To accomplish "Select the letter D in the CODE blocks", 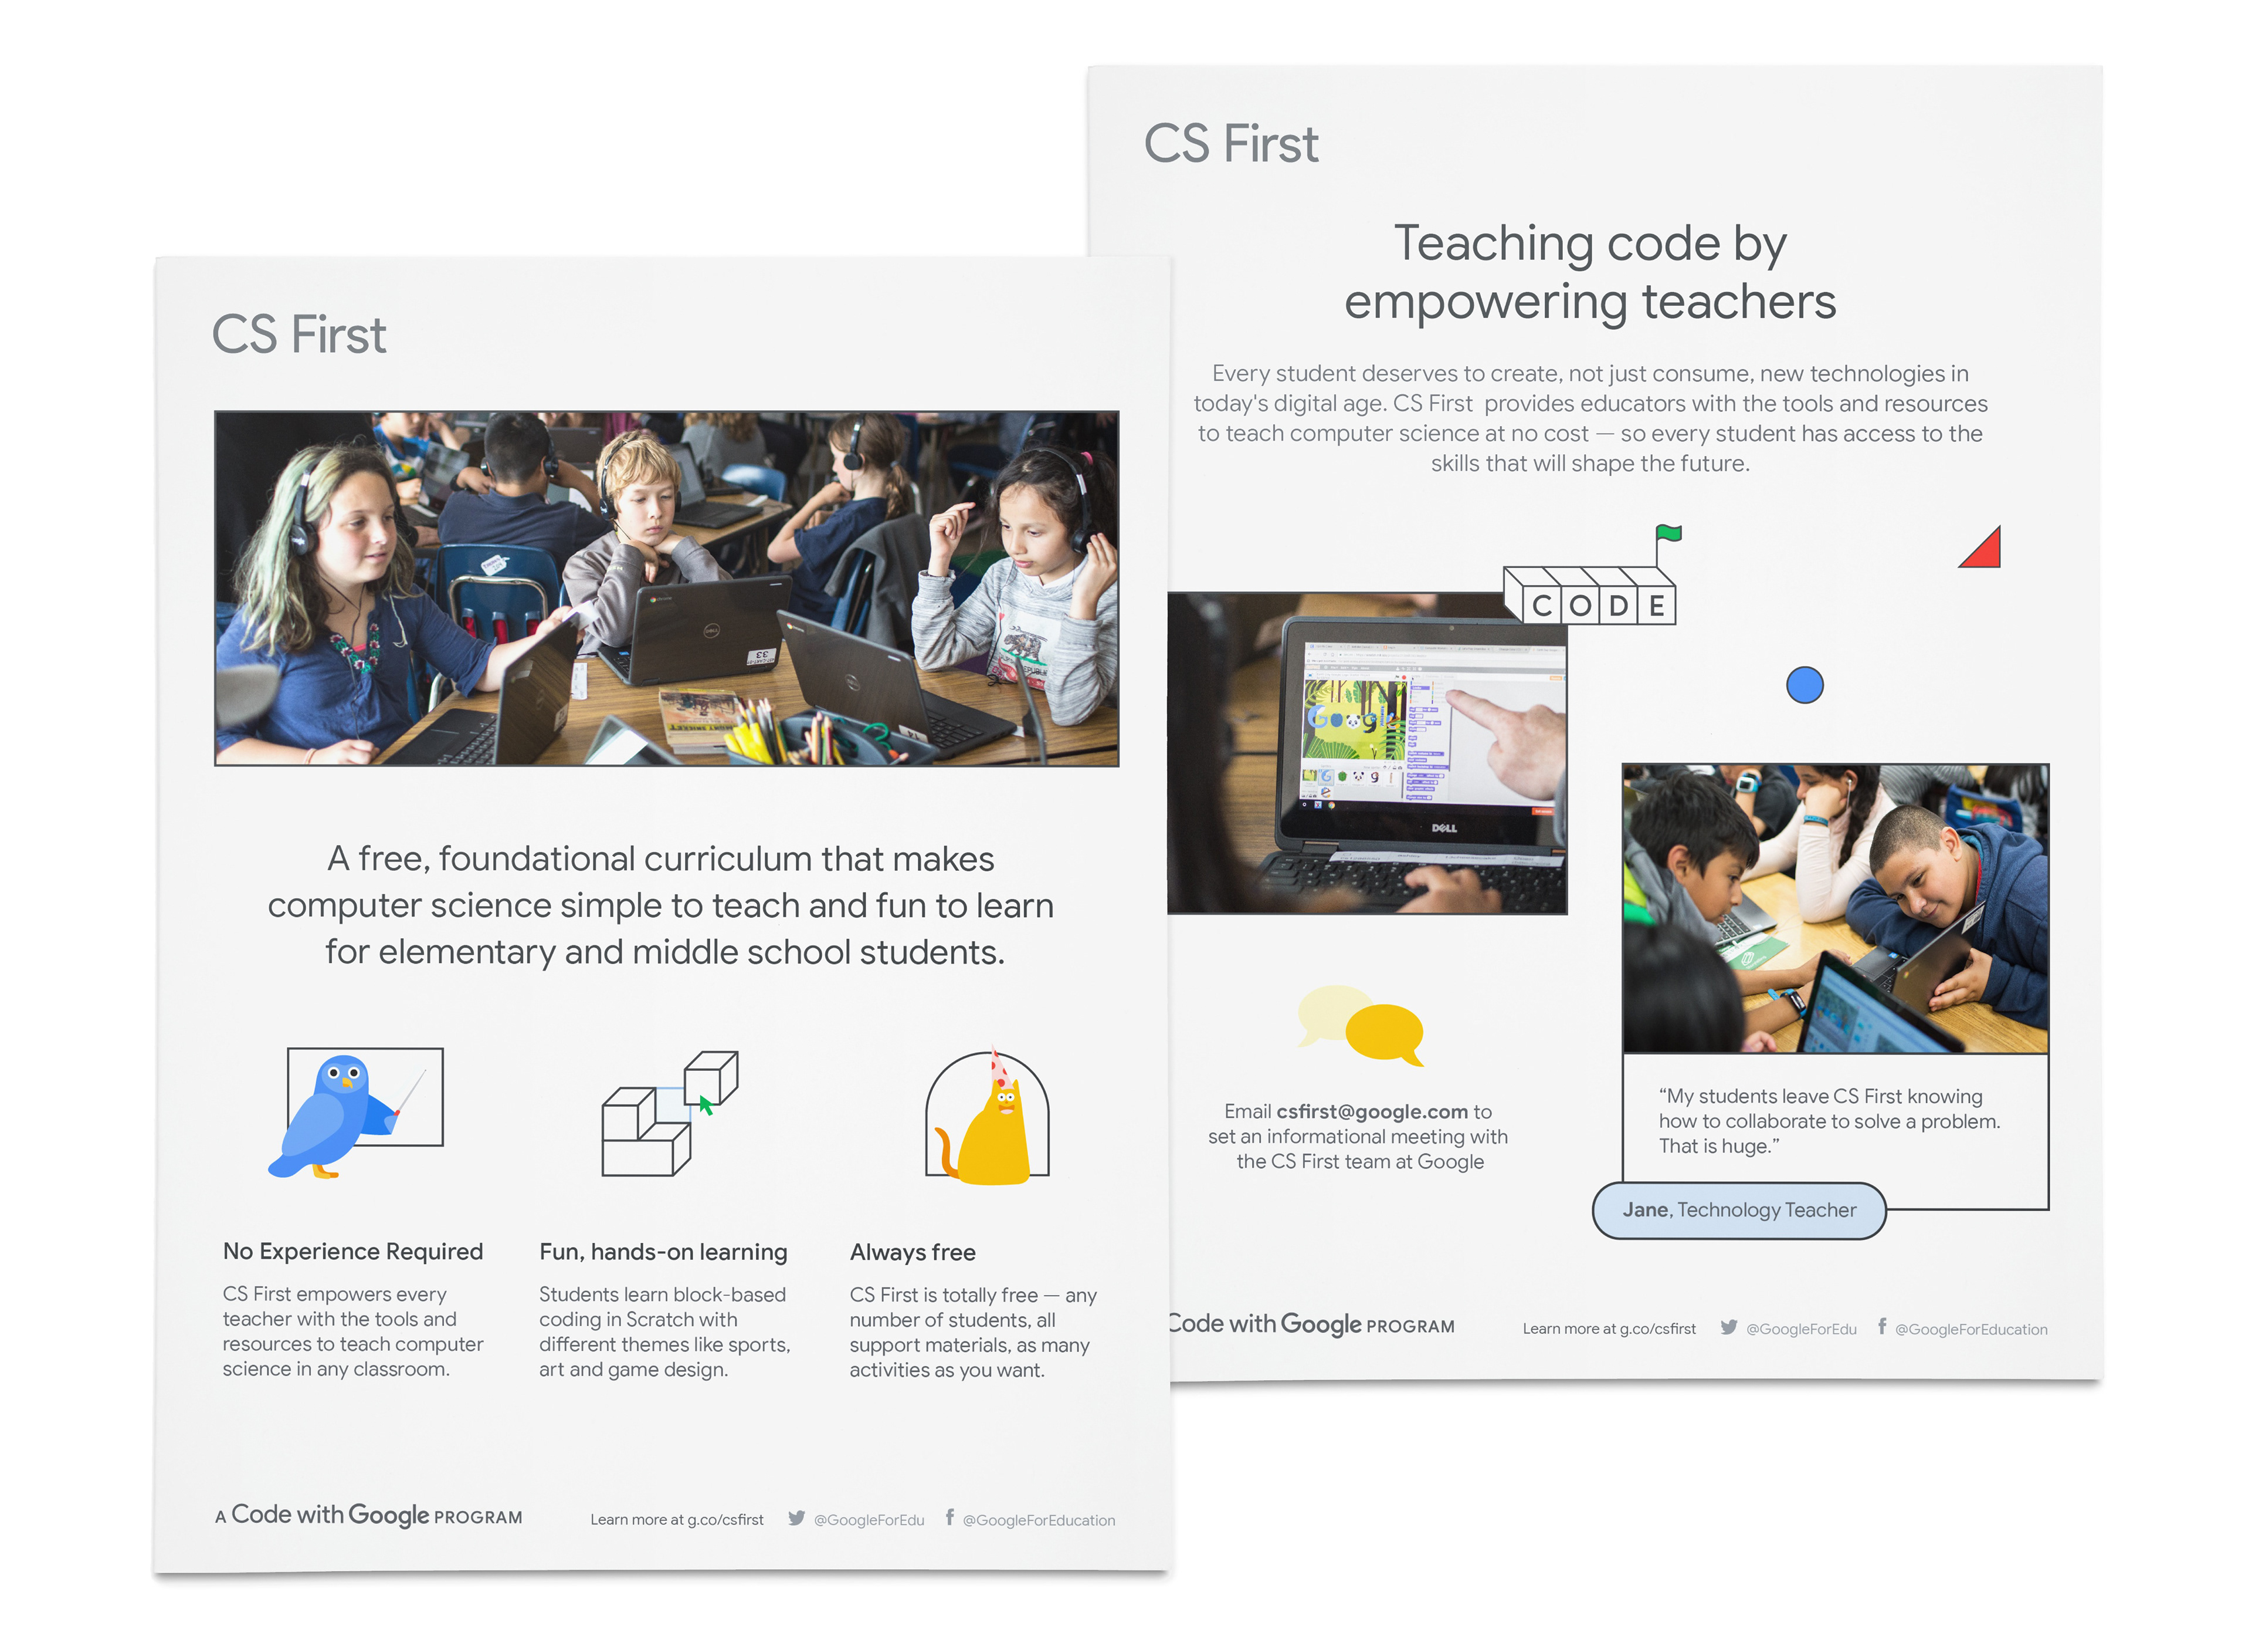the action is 1619,605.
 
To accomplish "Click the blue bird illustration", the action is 333,1117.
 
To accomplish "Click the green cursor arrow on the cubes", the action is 706,1104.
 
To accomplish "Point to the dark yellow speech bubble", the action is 1385,1033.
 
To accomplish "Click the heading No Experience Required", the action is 352,1252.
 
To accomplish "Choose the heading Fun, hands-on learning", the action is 663,1253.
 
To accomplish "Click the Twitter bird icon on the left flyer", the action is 796,1518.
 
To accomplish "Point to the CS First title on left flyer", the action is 299,334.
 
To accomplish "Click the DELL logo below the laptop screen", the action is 1444,827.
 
